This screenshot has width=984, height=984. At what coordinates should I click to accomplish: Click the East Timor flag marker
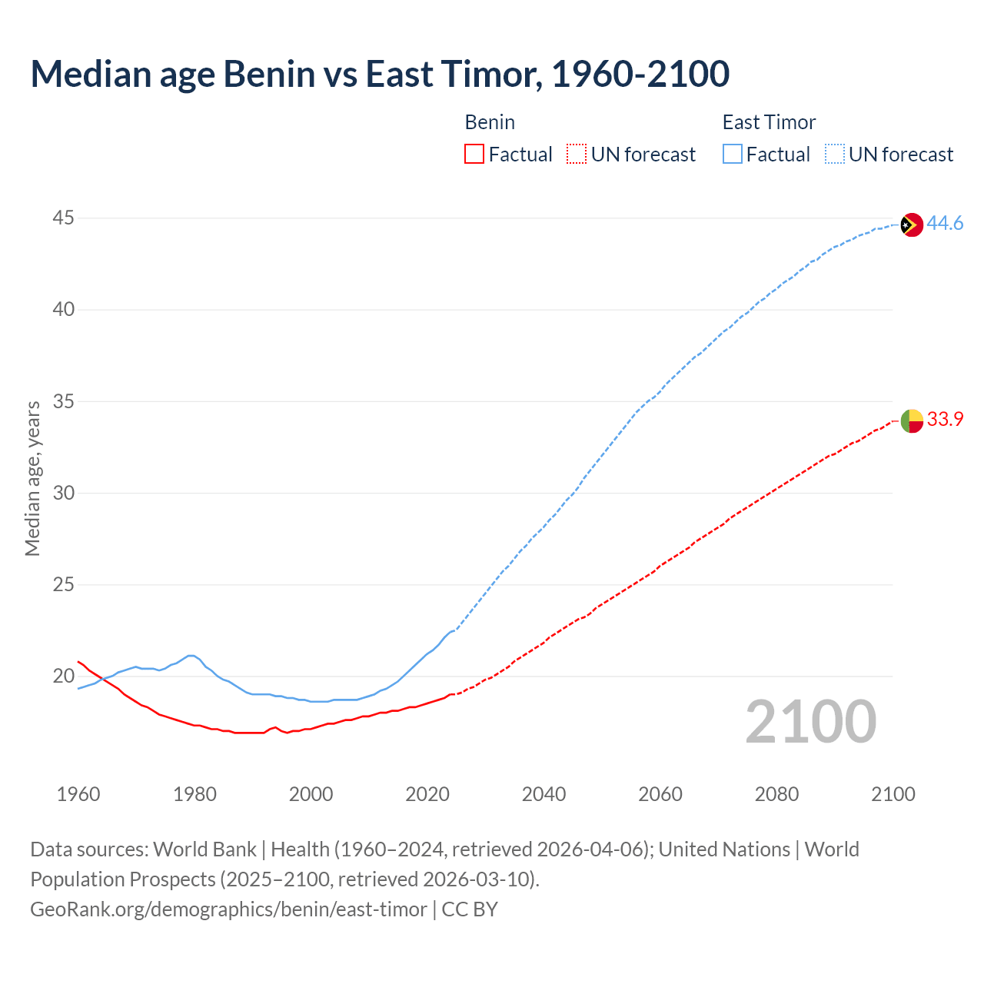(911, 224)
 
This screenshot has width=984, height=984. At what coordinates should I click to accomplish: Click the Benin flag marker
(911, 421)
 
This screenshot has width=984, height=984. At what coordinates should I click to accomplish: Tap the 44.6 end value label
(945, 224)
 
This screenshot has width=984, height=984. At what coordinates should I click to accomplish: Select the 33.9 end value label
(945, 420)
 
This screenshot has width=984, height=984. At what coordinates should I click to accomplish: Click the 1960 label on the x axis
(78, 794)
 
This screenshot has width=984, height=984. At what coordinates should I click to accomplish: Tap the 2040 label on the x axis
(544, 794)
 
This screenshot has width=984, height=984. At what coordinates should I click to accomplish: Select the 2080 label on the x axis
(776, 794)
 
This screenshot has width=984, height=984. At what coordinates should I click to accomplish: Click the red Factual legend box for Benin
(474, 155)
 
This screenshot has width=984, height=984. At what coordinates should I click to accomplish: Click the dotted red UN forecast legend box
(577, 155)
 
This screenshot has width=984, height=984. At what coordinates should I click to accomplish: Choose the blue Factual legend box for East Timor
(732, 155)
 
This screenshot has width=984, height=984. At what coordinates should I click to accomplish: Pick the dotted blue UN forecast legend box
(834, 155)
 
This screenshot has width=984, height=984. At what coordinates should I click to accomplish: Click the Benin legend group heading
(490, 122)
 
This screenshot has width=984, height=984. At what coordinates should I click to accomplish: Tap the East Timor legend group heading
(769, 122)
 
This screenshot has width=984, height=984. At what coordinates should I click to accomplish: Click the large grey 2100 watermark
(810, 721)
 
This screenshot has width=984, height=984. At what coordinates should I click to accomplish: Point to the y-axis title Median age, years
(32, 478)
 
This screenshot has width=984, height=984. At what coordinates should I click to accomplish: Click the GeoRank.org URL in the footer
(228, 909)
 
